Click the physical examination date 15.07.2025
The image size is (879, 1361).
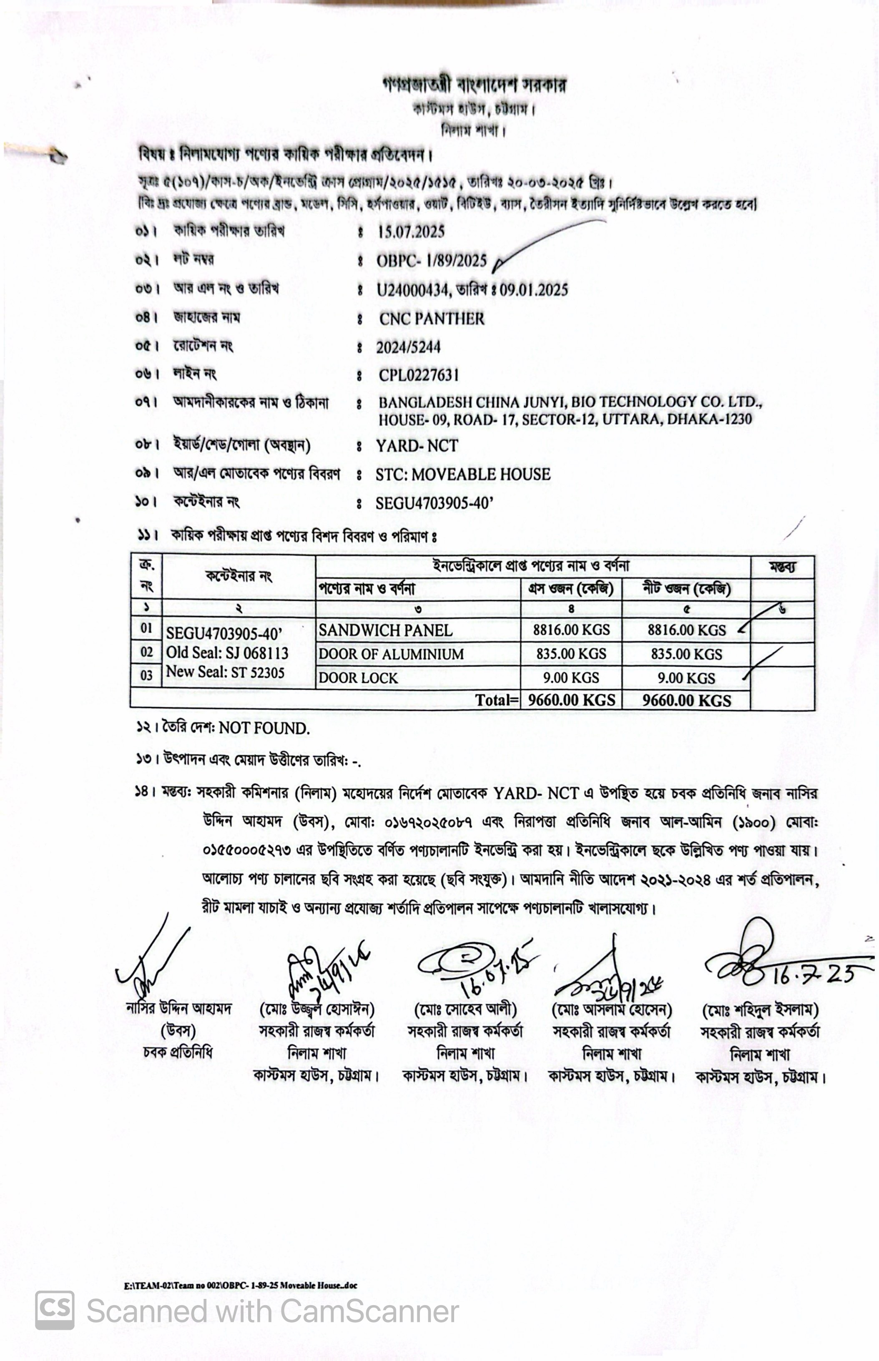[x=411, y=232]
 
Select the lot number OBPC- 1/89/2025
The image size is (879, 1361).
[x=432, y=261]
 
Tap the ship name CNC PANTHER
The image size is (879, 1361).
[x=432, y=319]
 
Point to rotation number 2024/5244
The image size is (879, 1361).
[x=408, y=347]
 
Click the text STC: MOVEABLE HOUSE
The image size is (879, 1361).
[x=463, y=474]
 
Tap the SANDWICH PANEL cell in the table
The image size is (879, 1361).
[x=385, y=630]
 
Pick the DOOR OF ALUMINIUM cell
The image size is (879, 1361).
[x=391, y=654]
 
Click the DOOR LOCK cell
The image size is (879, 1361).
[x=359, y=678]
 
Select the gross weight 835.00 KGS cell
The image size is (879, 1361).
[x=571, y=654]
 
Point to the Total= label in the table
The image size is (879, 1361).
[x=497, y=700]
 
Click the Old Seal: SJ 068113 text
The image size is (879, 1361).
[x=227, y=653]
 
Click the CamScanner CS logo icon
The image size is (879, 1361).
[x=55, y=1310]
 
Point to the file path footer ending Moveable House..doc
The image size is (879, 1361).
[x=240, y=1286]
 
